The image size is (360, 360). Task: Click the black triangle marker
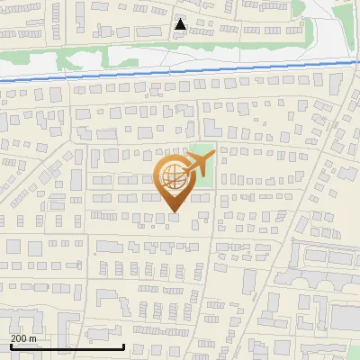click(181, 24)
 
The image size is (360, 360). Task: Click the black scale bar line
click(67, 346)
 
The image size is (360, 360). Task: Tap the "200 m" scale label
click(23, 338)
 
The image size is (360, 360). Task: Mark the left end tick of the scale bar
click(12, 346)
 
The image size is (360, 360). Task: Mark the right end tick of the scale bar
click(123, 346)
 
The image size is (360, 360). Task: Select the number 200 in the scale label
click(19, 338)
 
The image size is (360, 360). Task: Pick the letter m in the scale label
click(32, 338)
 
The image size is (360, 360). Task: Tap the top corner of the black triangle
click(181, 18)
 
